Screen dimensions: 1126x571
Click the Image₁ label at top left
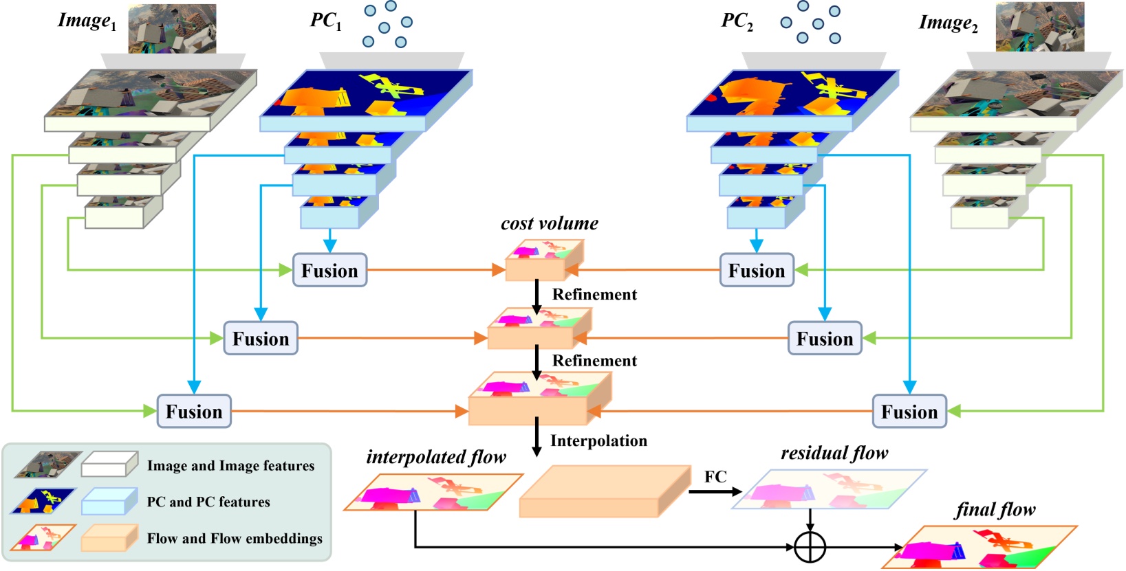87,21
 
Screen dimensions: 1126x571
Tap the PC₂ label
737,21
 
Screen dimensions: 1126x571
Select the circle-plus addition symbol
810,547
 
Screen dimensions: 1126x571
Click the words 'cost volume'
550,223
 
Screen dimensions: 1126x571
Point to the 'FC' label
715,477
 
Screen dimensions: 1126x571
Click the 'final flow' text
995,510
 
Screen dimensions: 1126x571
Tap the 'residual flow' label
834,453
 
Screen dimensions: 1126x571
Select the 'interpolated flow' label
436,457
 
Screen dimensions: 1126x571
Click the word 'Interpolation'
598,441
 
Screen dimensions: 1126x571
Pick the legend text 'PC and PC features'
208,502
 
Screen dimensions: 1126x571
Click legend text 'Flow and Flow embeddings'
235,538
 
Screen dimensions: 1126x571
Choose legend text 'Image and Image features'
230,466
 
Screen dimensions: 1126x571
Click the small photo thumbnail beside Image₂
1039,26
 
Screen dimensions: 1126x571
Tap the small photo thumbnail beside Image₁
173,29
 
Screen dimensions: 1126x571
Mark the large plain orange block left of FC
605,491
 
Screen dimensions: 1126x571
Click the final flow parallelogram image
979,547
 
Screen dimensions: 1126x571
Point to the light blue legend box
109,501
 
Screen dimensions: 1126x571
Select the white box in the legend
109,464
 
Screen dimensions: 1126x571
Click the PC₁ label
326,21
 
